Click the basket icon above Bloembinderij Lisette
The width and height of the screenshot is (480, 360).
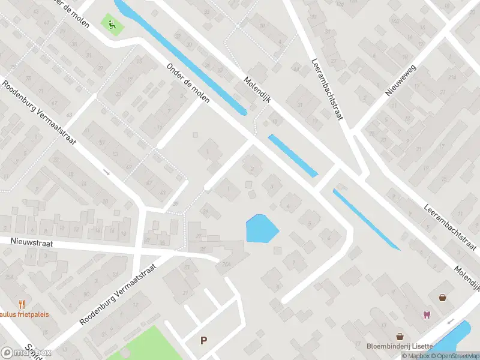399,337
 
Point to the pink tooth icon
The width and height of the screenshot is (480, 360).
427,314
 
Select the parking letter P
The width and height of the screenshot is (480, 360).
204,341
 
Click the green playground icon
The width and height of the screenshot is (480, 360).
111,25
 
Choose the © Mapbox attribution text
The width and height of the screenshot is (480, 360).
416,356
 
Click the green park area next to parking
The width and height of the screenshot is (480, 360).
144,345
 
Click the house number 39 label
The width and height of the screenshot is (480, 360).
176,204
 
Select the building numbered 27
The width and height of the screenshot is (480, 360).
148,241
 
